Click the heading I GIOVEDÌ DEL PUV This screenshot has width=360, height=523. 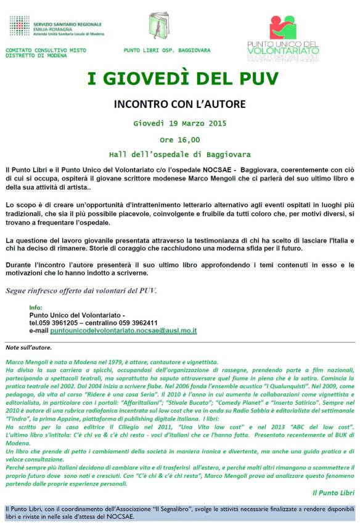tap(182, 79)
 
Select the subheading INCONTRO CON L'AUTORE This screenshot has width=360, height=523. tap(180, 103)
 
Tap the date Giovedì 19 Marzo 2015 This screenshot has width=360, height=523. tap(180, 123)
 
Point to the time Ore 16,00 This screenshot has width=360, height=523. tap(180, 139)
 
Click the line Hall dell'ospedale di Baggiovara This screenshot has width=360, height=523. tap(180, 154)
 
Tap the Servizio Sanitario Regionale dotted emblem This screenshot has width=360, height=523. tap(19, 26)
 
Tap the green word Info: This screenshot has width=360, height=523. tap(36, 307)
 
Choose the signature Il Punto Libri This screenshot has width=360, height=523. tap(333, 492)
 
